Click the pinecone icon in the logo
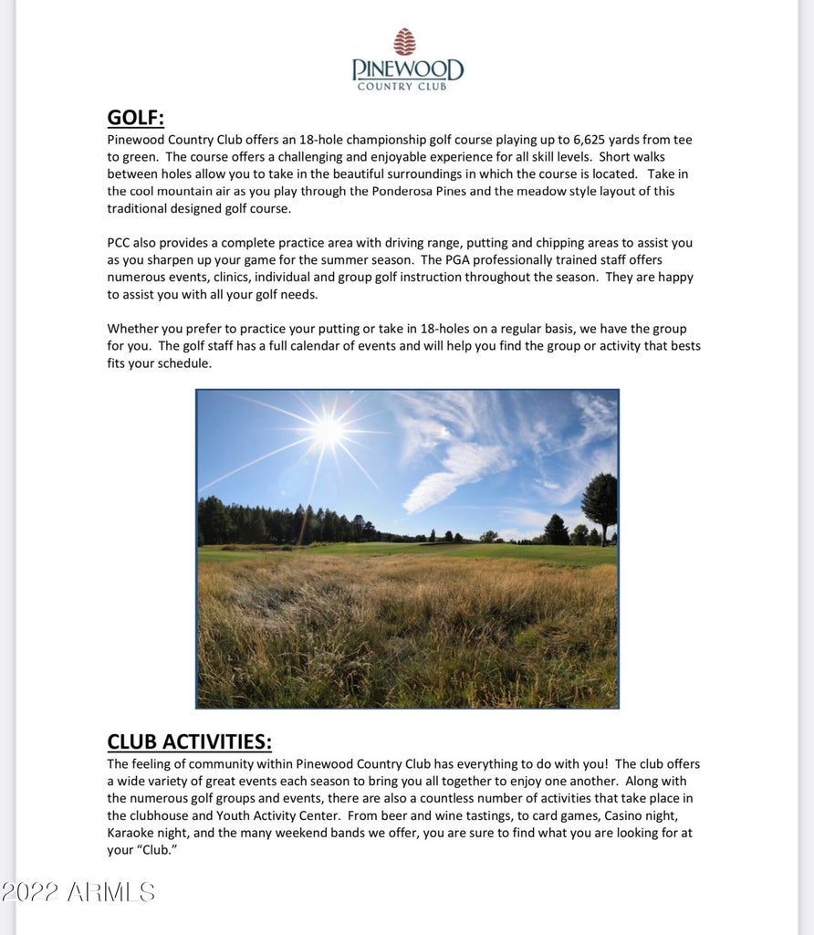point(404,42)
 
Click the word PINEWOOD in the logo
point(408,69)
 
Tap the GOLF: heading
point(135,118)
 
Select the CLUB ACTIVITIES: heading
point(189,741)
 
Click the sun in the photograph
point(328,430)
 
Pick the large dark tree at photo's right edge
point(600,503)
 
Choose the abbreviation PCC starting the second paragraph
point(120,243)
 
